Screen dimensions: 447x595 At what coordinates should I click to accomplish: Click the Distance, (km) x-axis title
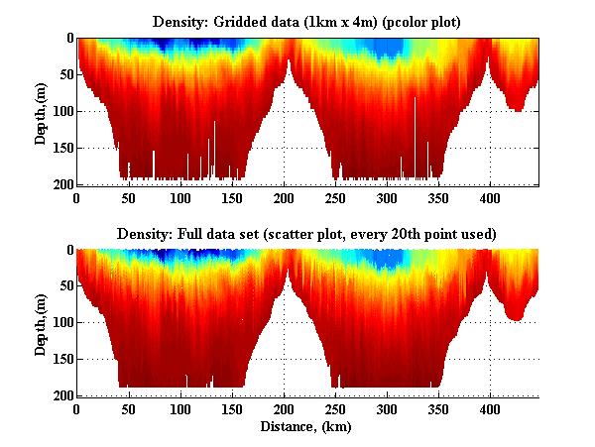tap(307, 427)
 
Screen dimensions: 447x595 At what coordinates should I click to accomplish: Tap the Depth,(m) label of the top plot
tap(41, 112)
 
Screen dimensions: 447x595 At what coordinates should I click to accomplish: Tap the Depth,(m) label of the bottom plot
tap(41, 324)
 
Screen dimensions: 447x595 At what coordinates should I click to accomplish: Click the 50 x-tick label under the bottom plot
tap(129, 410)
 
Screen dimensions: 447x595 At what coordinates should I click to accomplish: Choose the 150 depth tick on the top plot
tap(60, 149)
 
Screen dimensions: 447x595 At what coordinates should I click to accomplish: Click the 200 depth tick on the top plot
tap(60, 185)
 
